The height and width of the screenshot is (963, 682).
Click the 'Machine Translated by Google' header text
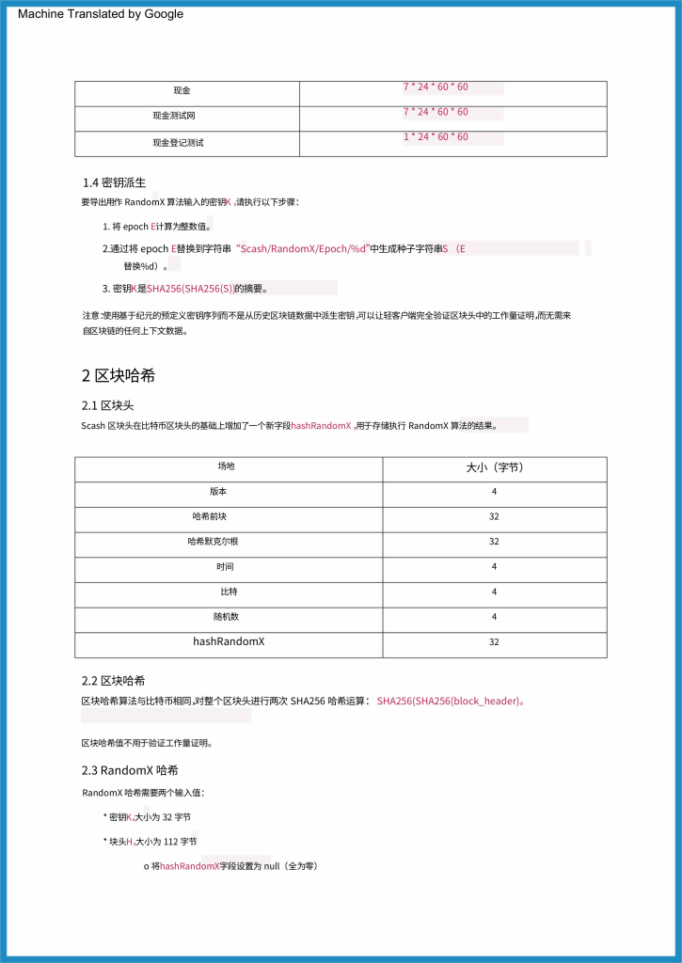pyautogui.click(x=101, y=14)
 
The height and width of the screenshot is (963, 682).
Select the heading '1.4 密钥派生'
pyautogui.click(x=113, y=182)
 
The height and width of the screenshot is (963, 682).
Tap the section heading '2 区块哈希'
pyautogui.click(x=119, y=376)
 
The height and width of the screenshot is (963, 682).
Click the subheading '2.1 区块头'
pyautogui.click(x=108, y=405)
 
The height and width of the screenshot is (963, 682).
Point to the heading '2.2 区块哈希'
pyautogui.click(x=113, y=681)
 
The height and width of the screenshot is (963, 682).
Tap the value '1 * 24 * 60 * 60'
pyautogui.click(x=436, y=137)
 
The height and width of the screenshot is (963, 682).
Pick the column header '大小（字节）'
pyautogui.click(x=494, y=466)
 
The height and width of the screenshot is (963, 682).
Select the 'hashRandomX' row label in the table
pyautogui.click(x=229, y=641)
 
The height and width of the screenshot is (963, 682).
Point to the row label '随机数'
pyautogui.click(x=227, y=617)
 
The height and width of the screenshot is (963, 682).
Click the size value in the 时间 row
pyautogui.click(x=494, y=567)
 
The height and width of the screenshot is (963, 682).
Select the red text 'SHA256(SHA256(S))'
pyautogui.click(x=190, y=289)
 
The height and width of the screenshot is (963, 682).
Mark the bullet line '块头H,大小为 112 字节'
pyautogui.click(x=151, y=841)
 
